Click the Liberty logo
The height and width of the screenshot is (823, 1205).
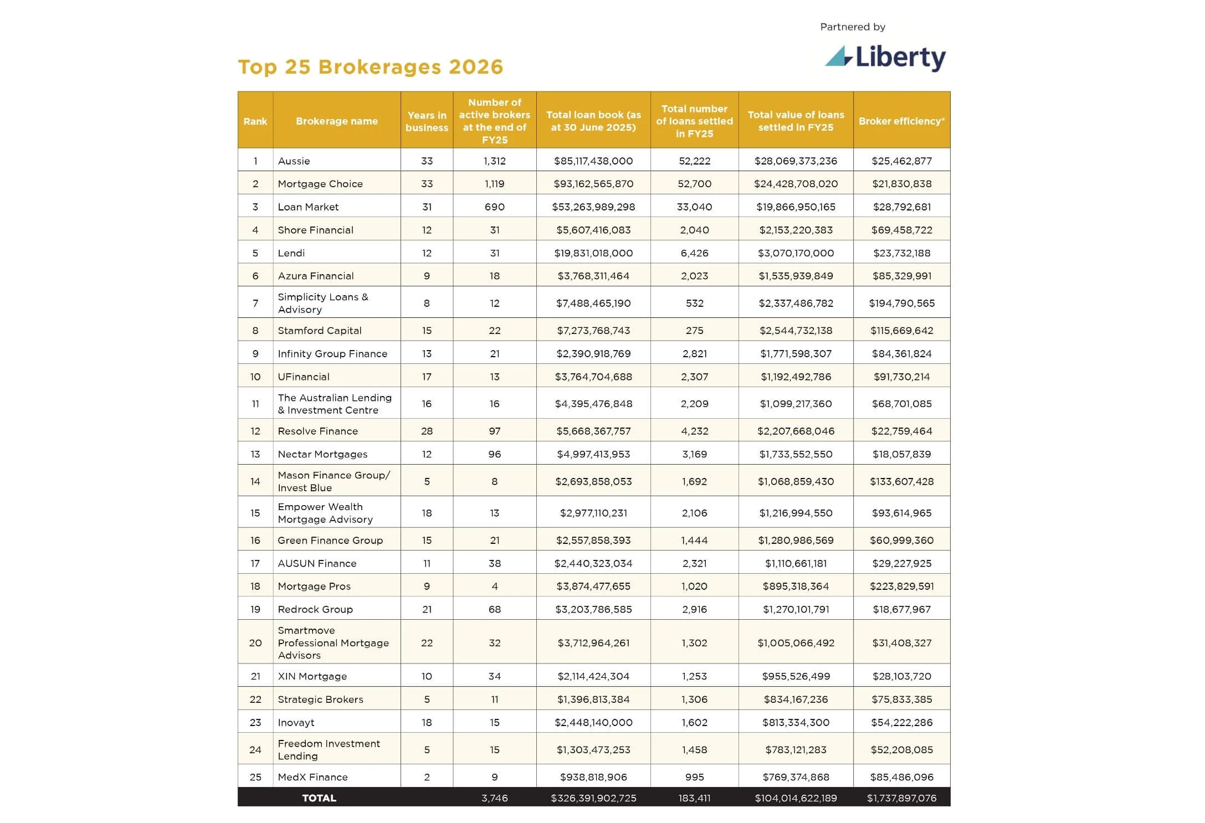(x=885, y=58)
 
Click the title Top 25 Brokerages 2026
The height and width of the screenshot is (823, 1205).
(x=370, y=67)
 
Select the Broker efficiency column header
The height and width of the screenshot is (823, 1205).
(x=901, y=121)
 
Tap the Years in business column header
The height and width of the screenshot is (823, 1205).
(x=427, y=121)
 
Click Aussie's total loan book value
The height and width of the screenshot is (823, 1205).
(x=593, y=161)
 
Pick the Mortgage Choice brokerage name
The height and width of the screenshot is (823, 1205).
(x=320, y=184)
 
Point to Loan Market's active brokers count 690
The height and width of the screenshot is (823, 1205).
(x=494, y=207)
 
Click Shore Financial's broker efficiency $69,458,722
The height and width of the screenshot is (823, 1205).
(x=901, y=230)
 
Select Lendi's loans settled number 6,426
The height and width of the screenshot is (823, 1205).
(x=694, y=253)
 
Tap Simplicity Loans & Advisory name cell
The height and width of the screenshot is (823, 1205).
(x=323, y=303)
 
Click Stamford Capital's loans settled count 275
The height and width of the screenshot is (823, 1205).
(x=694, y=331)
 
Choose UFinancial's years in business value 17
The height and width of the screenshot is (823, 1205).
(x=427, y=377)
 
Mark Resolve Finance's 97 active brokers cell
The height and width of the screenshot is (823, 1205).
(x=494, y=431)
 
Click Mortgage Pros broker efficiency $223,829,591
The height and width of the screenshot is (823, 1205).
(x=901, y=586)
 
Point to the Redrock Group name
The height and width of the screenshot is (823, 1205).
(x=315, y=609)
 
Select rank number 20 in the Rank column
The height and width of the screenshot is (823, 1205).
(x=255, y=643)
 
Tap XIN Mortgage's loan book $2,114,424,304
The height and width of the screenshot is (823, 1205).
(x=593, y=676)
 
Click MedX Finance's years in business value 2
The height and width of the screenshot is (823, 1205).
(x=427, y=777)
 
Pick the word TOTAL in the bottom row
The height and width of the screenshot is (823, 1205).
(x=319, y=798)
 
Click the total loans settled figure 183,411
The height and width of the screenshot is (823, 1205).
(x=694, y=798)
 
